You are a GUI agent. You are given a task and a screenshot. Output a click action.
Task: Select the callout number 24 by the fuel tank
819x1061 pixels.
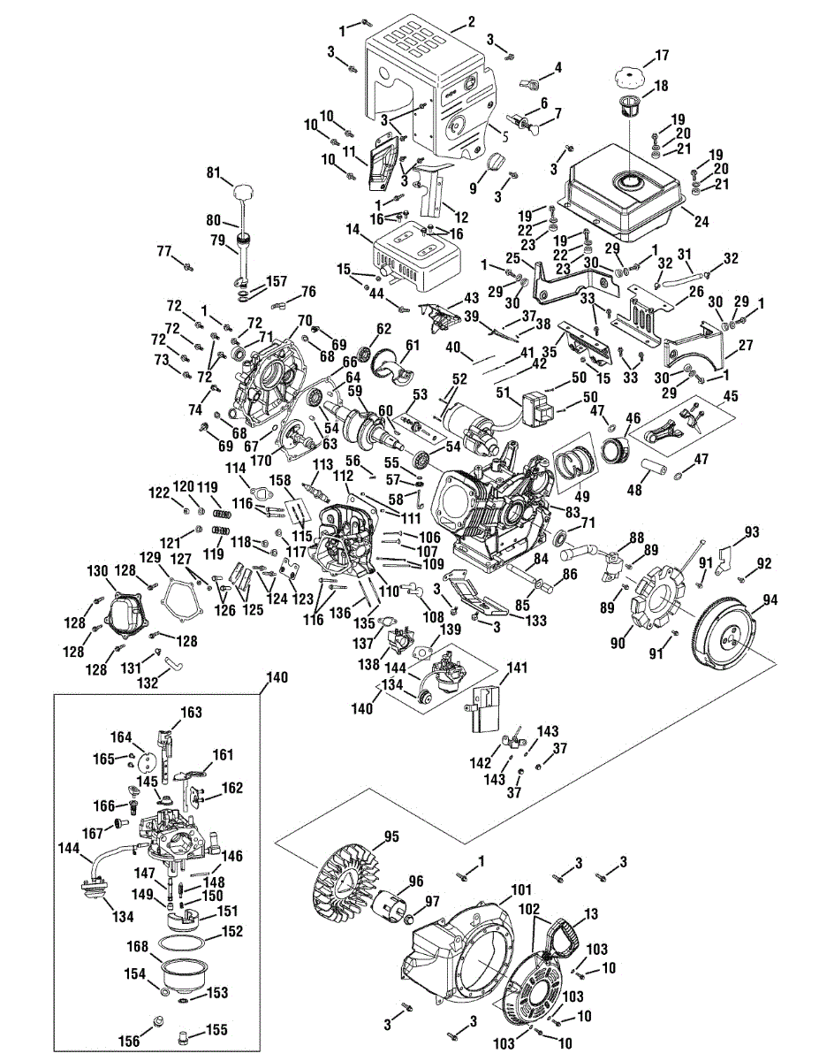[x=702, y=221]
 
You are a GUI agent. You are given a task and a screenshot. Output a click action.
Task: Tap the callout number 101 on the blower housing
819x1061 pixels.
[x=519, y=889]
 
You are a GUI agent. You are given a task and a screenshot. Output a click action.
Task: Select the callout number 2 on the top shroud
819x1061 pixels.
[x=470, y=21]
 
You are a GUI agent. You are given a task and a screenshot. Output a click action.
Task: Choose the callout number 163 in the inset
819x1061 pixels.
[x=192, y=712]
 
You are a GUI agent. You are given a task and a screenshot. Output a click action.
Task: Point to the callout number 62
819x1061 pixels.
[x=383, y=328]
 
